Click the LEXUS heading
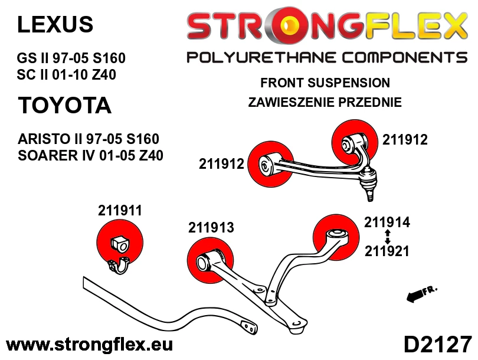point(55,24)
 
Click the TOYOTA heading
point(65,105)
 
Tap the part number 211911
point(120,210)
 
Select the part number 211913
point(211,227)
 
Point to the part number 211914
point(387,222)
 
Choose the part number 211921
point(387,251)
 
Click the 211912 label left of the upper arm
point(222,164)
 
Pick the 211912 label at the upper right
point(405,140)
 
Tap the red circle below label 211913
point(210,260)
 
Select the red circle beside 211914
point(336,237)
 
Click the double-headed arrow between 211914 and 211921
point(388,237)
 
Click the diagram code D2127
point(438,345)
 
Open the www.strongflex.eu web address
point(89,345)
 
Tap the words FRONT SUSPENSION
point(325,83)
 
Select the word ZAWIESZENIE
point(290,102)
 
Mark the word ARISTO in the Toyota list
point(44,139)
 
